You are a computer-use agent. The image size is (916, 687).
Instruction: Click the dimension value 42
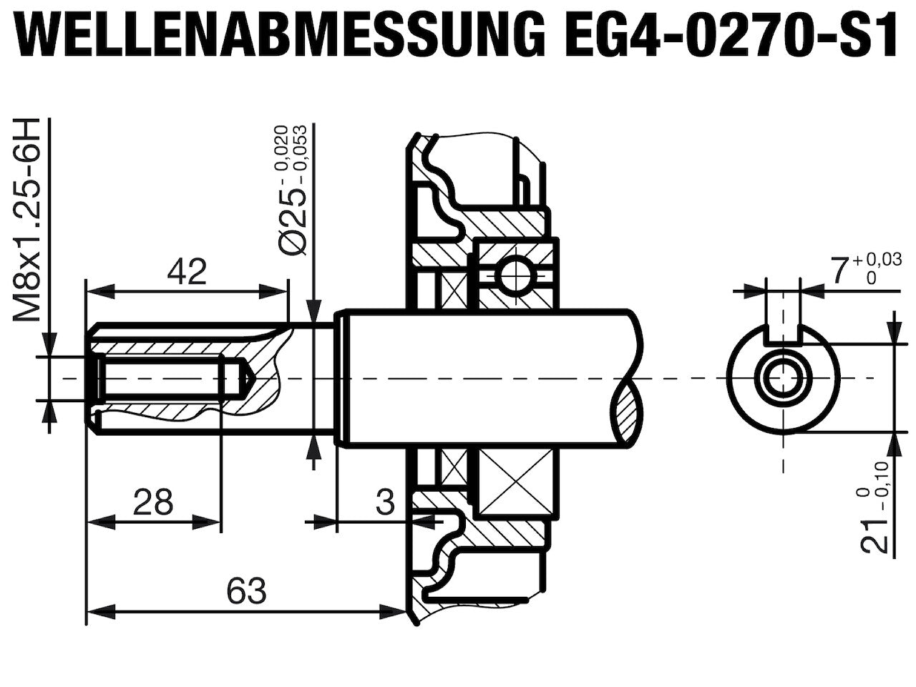pos(187,271)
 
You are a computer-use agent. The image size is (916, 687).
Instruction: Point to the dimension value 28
pos(152,502)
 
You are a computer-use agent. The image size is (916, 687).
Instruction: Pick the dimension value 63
pos(246,590)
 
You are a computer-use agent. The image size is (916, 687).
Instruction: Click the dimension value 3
pos(385,502)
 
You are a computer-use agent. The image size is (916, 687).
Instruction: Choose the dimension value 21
pos(875,537)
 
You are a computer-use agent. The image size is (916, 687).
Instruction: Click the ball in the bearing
pos(516,276)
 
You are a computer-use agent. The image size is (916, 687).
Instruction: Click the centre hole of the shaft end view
pos(783,379)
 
